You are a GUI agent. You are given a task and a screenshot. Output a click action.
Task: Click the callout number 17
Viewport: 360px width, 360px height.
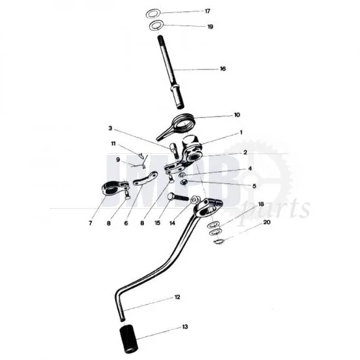207,11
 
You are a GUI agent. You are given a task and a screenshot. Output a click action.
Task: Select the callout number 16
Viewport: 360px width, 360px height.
223,69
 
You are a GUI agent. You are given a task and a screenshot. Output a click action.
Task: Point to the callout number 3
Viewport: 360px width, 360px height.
111,128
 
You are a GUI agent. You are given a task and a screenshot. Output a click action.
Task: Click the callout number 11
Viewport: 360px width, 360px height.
113,144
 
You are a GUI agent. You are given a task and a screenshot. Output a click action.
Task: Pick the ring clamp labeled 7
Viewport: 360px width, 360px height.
114,187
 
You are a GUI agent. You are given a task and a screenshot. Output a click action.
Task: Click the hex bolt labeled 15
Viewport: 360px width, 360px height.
178,197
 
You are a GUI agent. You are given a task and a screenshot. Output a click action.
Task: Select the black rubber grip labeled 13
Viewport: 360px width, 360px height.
128,338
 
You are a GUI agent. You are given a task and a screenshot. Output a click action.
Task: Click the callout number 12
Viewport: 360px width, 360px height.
177,297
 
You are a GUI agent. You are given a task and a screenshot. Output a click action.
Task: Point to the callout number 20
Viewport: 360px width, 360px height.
266,223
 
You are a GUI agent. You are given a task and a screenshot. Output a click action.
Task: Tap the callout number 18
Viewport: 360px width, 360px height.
261,204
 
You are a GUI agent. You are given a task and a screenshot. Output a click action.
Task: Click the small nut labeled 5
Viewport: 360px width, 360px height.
184,183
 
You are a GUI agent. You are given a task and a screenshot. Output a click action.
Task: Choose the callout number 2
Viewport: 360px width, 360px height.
245,153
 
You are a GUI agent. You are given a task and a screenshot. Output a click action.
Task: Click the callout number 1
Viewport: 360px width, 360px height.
241,132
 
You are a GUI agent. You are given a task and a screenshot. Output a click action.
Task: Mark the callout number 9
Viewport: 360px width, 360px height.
118,160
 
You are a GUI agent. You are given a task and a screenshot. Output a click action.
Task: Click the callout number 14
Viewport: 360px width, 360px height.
172,223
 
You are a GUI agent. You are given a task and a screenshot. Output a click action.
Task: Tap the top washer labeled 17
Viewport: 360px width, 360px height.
153,14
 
